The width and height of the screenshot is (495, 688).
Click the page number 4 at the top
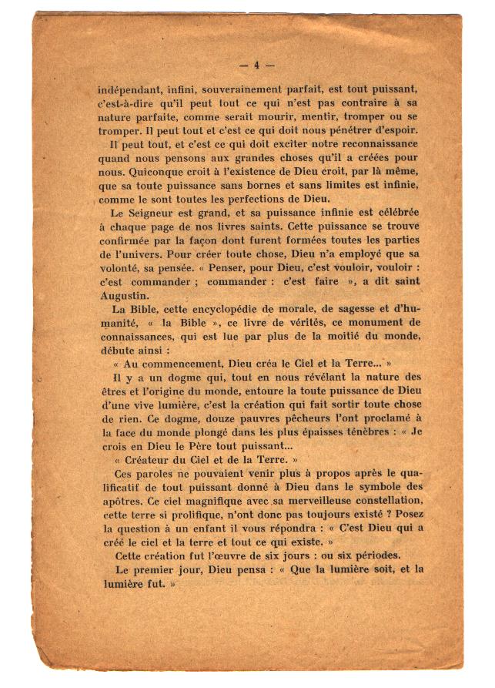tap(257, 65)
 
